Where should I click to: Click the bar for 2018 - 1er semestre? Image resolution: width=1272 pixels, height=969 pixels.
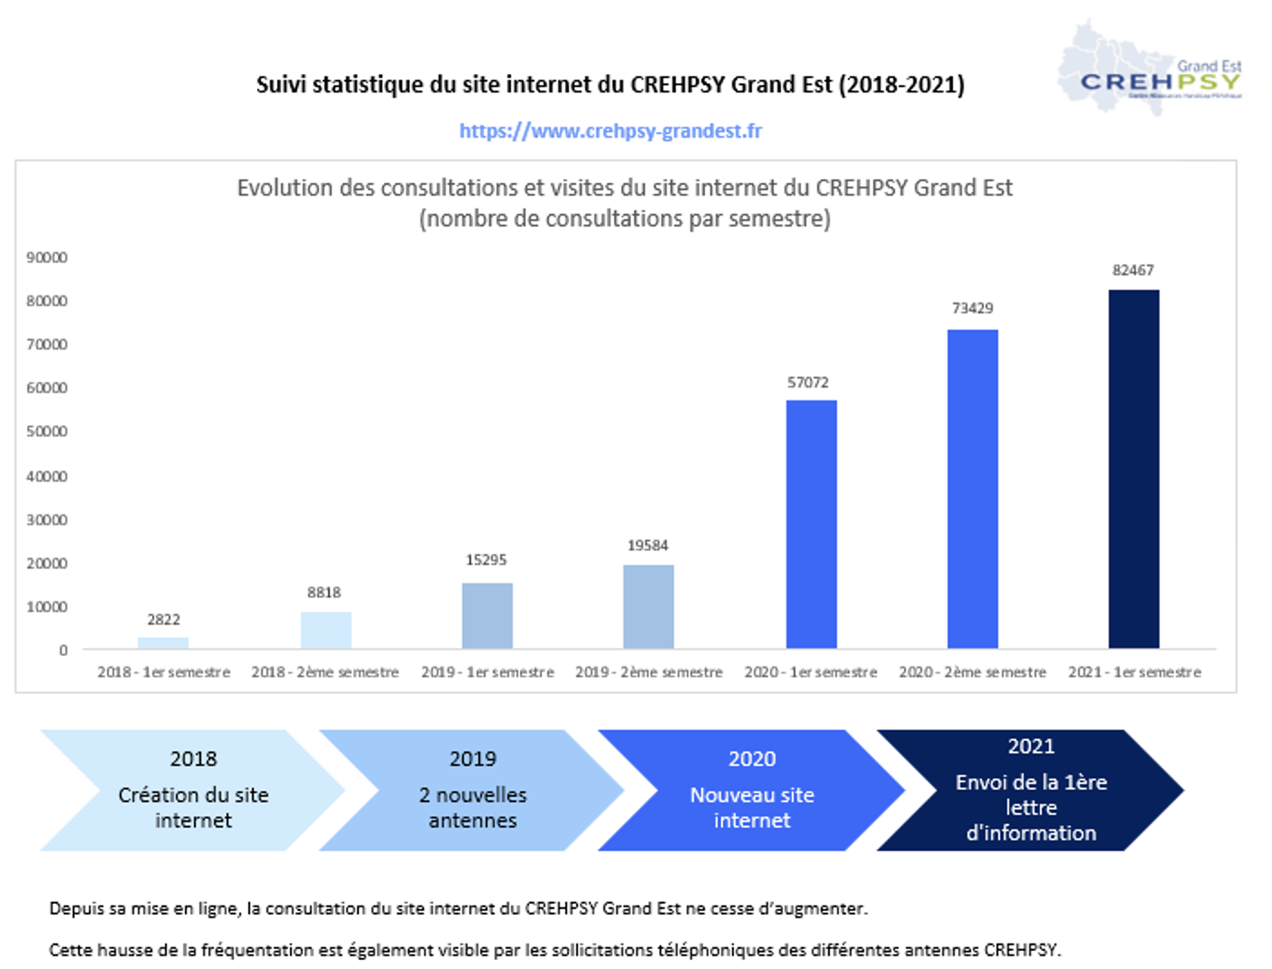click(163, 643)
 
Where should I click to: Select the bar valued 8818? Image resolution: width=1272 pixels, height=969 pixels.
click(326, 630)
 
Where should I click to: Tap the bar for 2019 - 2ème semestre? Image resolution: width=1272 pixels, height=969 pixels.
click(649, 607)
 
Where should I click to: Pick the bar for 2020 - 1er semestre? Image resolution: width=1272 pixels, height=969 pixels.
click(811, 524)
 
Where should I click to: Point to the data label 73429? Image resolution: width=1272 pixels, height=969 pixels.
click(972, 308)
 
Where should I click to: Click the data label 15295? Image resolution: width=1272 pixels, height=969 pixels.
click(486, 560)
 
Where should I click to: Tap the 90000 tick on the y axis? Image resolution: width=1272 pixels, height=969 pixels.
click(47, 257)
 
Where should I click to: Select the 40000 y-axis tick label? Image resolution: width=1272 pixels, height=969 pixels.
click(47, 476)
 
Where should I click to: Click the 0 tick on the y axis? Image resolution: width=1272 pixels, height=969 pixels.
click(63, 650)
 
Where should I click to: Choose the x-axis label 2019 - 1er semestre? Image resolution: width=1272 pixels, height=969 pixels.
click(487, 672)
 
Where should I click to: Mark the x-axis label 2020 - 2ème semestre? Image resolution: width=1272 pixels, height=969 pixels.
click(972, 672)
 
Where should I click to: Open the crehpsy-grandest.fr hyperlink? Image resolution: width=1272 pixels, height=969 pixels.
click(610, 131)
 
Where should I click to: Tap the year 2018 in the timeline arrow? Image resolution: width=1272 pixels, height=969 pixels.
click(193, 759)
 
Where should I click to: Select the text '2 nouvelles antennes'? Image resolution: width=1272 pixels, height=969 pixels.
click(472, 807)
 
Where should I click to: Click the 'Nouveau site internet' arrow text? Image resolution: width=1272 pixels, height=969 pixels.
click(752, 807)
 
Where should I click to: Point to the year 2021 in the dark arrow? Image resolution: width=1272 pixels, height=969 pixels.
click(1031, 746)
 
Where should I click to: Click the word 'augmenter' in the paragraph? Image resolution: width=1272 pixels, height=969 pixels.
click(827, 908)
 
